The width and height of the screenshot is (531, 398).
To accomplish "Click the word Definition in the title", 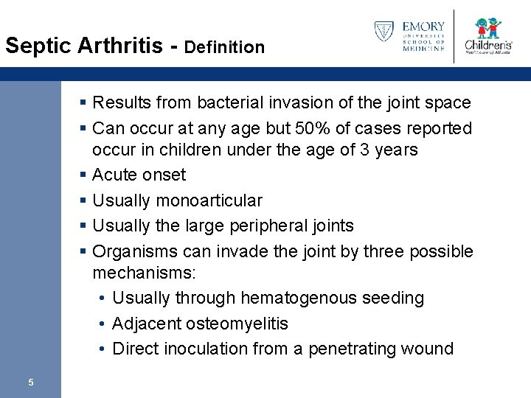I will point(224,48).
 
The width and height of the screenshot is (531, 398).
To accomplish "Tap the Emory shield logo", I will point(383,32).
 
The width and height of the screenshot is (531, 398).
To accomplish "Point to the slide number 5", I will point(30,382).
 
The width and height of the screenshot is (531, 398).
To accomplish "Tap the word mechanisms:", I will point(144,273).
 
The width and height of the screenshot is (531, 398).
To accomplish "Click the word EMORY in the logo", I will point(423,27).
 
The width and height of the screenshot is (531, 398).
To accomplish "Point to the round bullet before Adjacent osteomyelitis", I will point(103,324).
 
